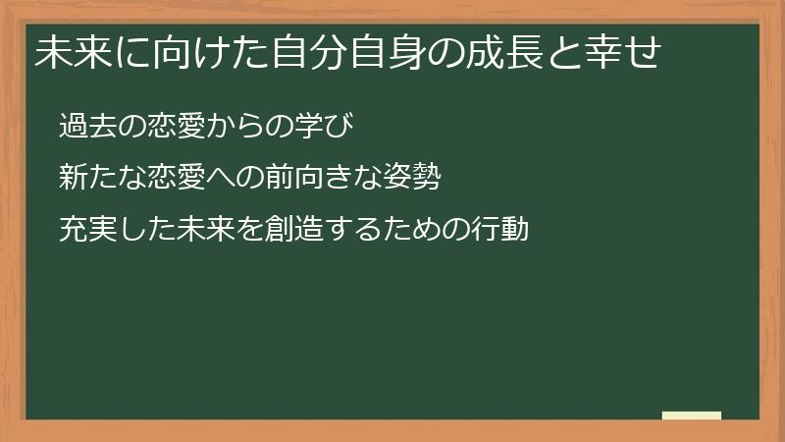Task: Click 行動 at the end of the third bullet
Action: point(500,230)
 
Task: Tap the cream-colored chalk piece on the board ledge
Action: point(692,415)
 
